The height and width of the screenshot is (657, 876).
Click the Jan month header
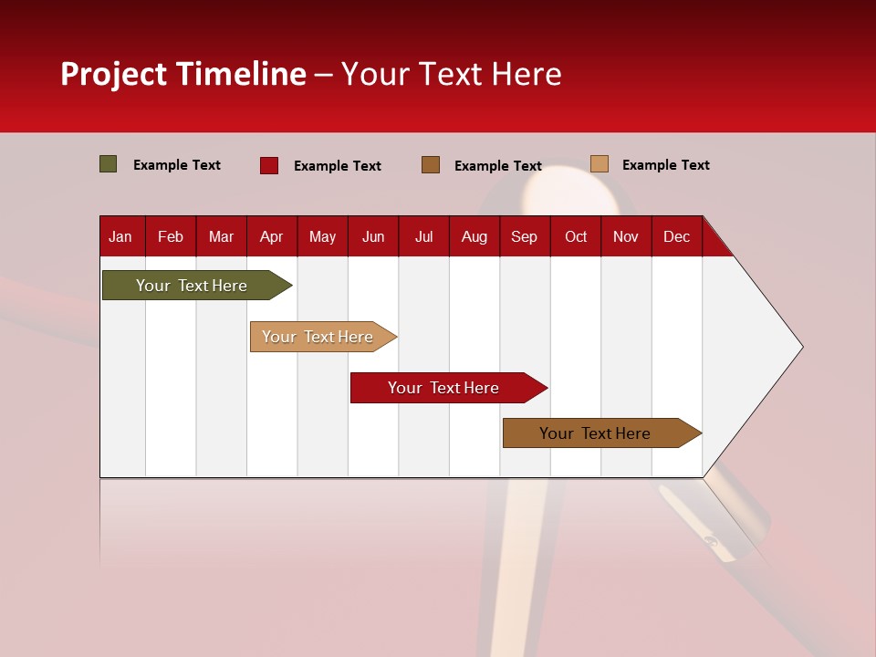coord(120,237)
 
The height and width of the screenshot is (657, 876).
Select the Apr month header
coord(271,237)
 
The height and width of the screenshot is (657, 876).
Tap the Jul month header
coord(423,237)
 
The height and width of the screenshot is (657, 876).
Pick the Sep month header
coord(524,237)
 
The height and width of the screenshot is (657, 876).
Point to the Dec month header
coord(676,237)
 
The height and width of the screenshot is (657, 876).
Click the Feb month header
coord(171,237)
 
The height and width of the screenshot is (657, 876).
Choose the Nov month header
coord(625,237)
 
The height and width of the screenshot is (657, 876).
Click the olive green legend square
coord(109,164)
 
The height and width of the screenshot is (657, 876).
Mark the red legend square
coord(269,165)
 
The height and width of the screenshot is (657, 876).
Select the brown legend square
coord(431,164)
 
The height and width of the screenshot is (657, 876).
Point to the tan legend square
coord(600,164)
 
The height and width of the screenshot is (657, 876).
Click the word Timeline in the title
coord(242,74)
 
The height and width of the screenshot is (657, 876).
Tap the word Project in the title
coord(114,74)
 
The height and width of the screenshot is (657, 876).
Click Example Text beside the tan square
coord(665,165)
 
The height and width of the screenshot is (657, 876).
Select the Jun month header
coord(373,237)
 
